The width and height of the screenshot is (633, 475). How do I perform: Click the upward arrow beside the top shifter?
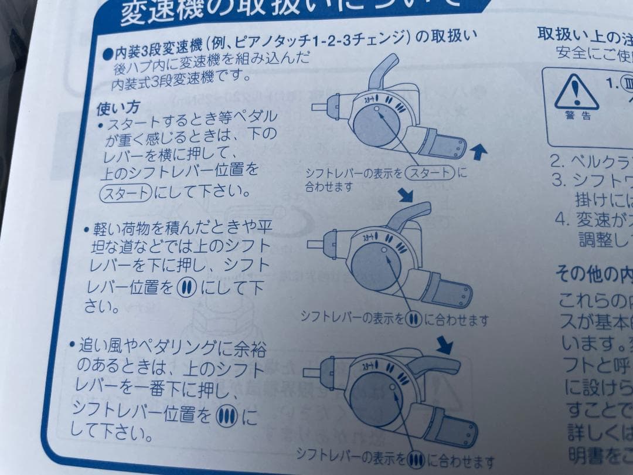[x=479, y=153]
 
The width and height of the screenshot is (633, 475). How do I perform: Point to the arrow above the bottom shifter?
[x=445, y=346]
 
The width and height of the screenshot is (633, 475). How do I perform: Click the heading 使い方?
[x=118, y=109]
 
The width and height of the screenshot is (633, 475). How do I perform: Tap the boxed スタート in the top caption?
[x=431, y=173]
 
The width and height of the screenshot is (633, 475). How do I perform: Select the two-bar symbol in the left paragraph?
[x=185, y=288]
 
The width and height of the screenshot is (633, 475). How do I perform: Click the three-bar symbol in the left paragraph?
[x=225, y=417]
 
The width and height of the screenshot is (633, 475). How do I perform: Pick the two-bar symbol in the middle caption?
[x=413, y=319]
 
